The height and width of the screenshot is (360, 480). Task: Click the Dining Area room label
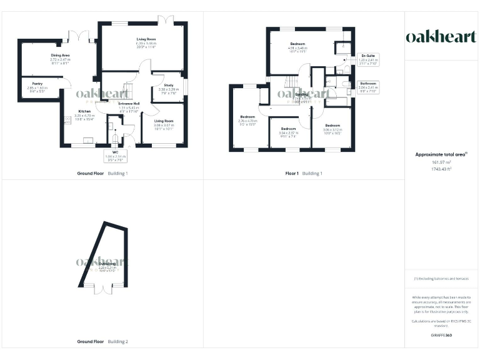[61, 56]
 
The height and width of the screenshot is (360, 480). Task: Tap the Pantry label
[37, 82]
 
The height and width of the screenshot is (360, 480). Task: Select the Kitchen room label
[84, 111]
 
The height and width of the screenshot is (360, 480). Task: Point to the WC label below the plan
[116, 152]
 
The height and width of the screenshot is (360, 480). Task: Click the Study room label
[168, 85]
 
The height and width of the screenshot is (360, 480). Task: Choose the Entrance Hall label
[127, 103]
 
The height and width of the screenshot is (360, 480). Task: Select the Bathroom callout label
[367, 84]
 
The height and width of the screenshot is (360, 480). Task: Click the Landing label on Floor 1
[302, 94]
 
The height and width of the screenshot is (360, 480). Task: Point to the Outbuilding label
[106, 264]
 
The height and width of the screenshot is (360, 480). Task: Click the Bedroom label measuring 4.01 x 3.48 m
[297, 44]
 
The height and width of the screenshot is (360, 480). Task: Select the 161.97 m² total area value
[441, 162]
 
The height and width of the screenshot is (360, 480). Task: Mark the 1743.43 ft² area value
[441, 169]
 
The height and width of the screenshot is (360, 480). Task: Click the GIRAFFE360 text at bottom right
[441, 336]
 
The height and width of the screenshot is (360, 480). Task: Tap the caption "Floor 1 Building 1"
[303, 173]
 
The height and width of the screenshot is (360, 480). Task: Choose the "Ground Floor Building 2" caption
[102, 342]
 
